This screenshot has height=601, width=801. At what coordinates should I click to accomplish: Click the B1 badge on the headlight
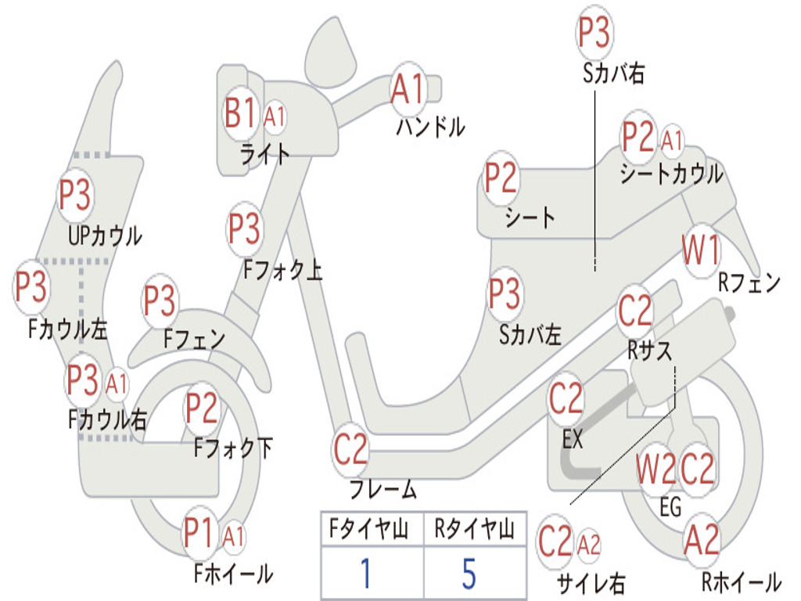[239, 113]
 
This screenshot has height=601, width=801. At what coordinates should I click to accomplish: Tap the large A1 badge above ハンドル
[408, 89]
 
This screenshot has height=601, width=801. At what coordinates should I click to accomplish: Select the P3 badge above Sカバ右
[594, 33]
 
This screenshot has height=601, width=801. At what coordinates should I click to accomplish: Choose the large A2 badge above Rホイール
[702, 540]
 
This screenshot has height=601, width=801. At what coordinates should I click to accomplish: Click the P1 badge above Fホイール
[198, 534]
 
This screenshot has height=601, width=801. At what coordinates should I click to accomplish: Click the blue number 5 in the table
[469, 573]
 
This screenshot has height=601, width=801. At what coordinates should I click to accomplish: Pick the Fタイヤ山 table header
[369, 529]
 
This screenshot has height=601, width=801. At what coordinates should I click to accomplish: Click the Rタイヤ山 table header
[474, 529]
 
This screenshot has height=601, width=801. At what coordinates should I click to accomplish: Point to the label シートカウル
[671, 174]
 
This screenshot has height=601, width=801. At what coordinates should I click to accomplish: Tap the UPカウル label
[105, 236]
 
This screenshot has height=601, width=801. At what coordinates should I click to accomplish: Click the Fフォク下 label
[233, 448]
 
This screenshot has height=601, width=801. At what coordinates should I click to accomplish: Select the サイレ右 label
[591, 584]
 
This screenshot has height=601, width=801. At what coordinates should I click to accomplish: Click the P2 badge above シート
[501, 178]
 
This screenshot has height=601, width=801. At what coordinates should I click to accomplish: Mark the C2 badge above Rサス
[635, 311]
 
